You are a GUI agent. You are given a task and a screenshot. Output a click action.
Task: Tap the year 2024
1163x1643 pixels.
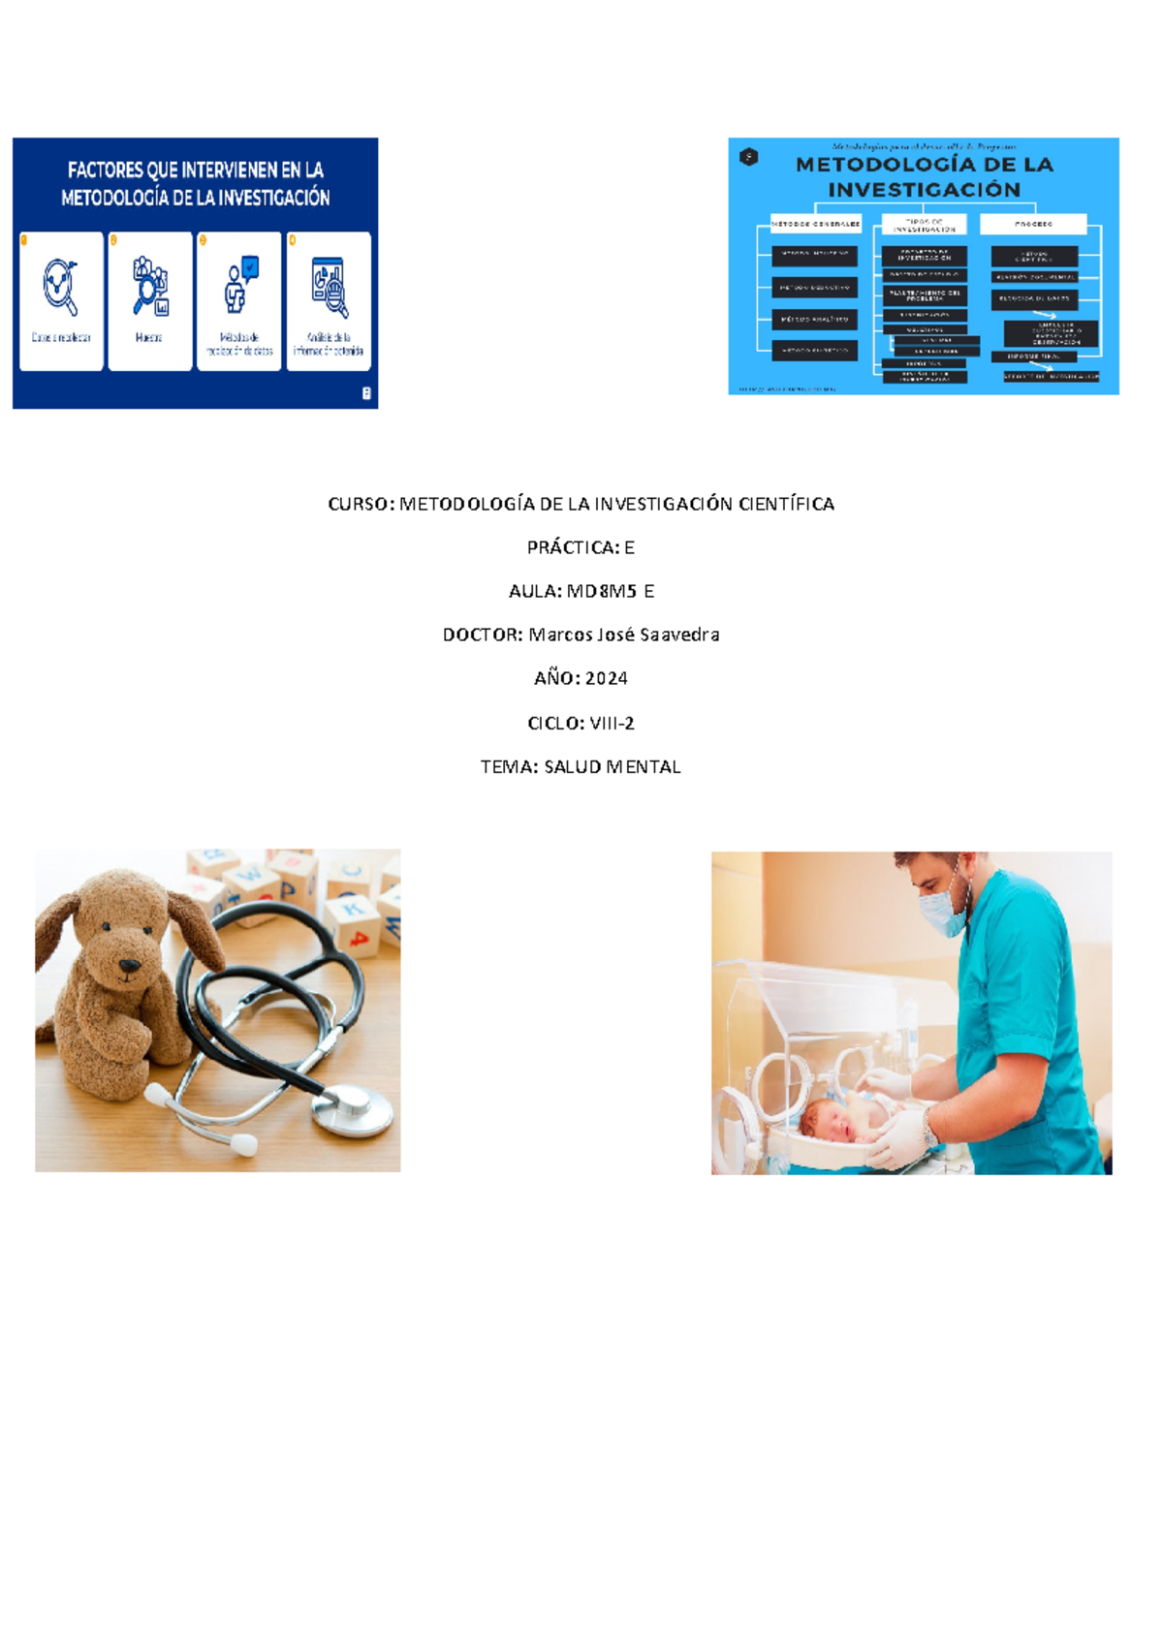tap(606, 678)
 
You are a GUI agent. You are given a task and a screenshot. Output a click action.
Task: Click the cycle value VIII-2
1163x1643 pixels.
tap(612, 723)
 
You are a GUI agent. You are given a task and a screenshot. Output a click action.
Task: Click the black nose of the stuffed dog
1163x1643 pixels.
tap(127, 966)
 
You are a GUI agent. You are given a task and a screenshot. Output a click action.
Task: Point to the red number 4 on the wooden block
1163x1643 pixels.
tap(360, 938)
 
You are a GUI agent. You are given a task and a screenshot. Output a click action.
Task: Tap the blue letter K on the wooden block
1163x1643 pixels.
tap(349, 909)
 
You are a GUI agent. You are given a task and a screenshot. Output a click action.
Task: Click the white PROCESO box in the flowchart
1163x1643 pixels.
tap(1033, 224)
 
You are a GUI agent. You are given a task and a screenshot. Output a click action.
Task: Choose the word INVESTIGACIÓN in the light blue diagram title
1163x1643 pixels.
tap(924, 190)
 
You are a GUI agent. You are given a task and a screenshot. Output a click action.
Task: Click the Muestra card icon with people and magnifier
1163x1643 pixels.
tap(150, 286)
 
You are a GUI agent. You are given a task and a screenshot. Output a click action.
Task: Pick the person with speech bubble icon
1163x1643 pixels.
tap(239, 285)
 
